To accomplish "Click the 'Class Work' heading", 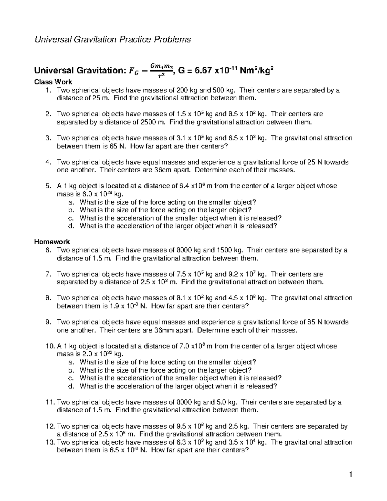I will (x=53, y=82).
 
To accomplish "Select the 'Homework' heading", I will (x=52, y=242).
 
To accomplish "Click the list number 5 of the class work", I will (x=48, y=186).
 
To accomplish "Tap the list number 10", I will (x=49, y=346).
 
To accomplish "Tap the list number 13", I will (x=49, y=442).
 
